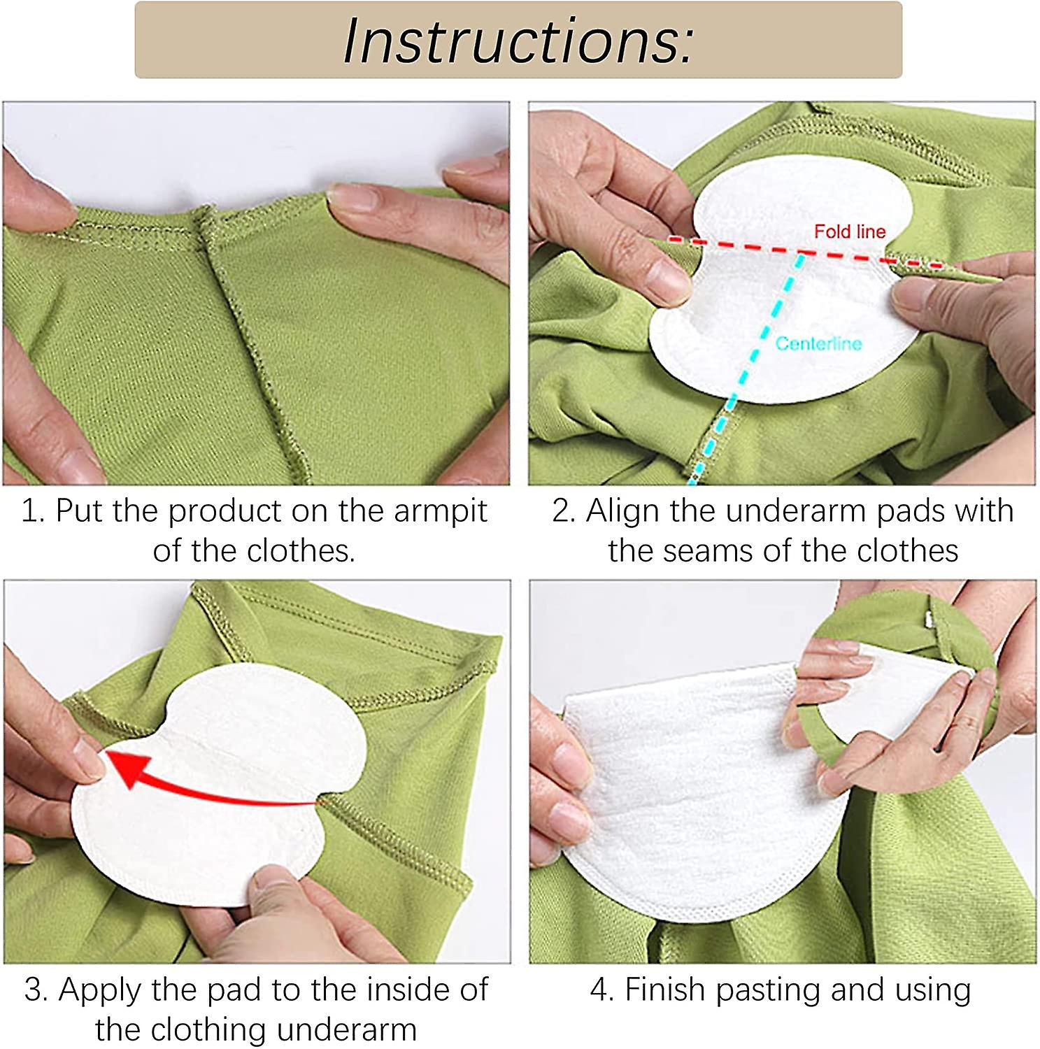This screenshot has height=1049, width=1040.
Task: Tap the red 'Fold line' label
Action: tap(849, 231)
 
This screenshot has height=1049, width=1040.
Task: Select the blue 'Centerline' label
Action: tap(818, 343)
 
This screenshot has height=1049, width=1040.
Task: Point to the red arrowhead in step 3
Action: tap(126, 768)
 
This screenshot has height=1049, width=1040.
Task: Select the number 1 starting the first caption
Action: tap(29, 511)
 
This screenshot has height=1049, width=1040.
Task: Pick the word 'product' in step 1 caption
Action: tap(224, 511)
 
